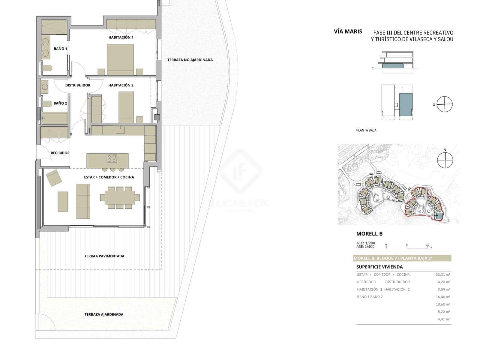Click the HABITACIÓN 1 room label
pyautogui.click(x=121, y=37)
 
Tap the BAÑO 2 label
pyautogui.click(x=60, y=103)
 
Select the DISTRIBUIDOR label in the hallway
pyautogui.click(x=78, y=85)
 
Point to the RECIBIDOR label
pyautogui.click(x=60, y=153)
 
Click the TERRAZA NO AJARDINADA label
pyautogui.click(x=190, y=60)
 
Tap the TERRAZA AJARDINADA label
pyautogui.click(x=104, y=314)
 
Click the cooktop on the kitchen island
pyautogui.click(x=112, y=158)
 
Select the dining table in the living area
pyautogui.click(x=120, y=198)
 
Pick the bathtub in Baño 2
pyautogui.click(x=55, y=118)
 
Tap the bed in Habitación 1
pyautogui.click(x=120, y=60)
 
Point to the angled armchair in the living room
pyautogui.click(x=54, y=178)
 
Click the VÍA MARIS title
pyautogui.click(x=348, y=31)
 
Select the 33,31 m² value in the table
pyautogui.click(x=443, y=274)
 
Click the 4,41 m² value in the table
pyautogui.click(x=444, y=319)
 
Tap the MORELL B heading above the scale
pyautogui.click(x=369, y=234)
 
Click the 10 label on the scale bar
pyautogui.click(x=427, y=245)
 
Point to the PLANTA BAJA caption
pyautogui.click(x=366, y=130)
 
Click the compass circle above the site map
pyautogui.click(x=445, y=160)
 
